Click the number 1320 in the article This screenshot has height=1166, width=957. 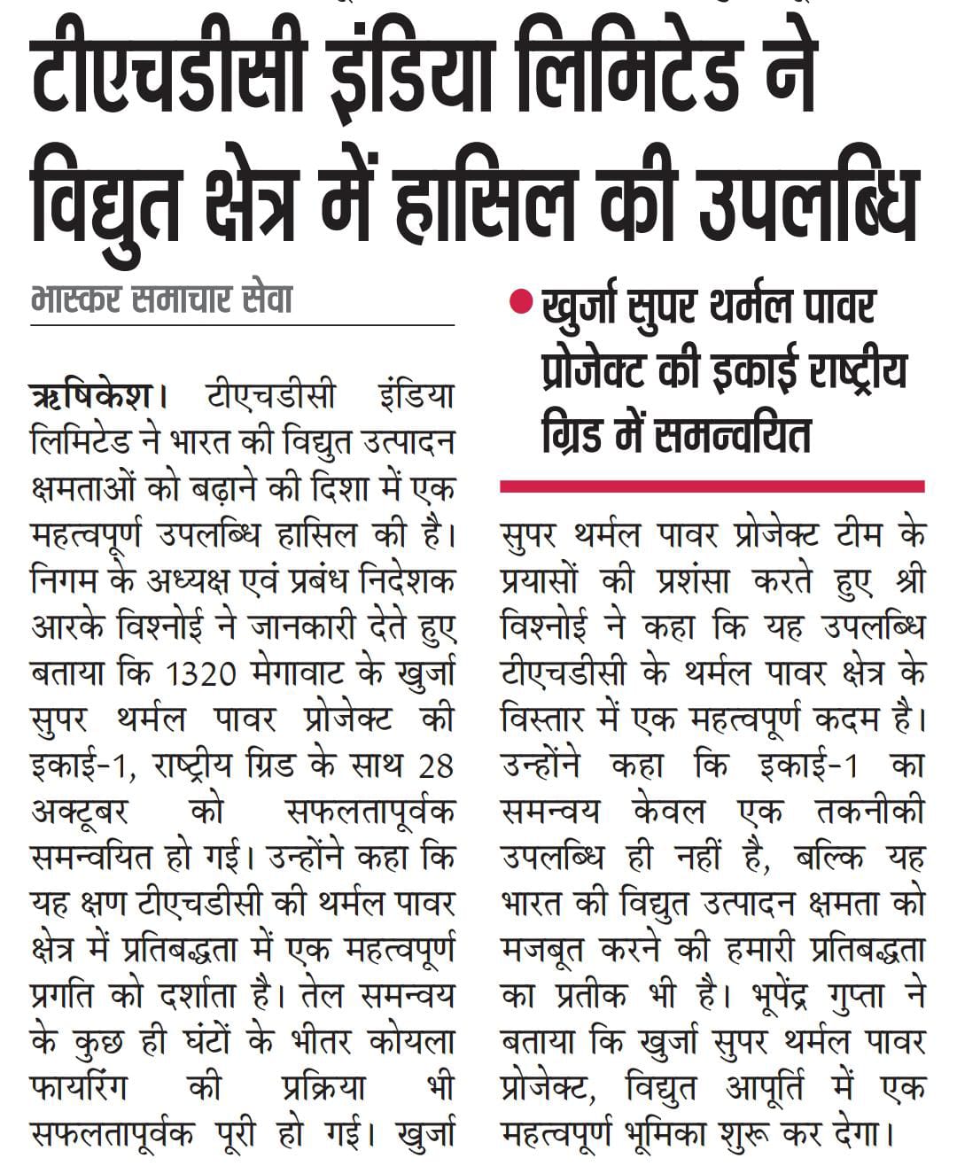tap(202, 673)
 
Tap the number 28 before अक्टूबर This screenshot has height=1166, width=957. tap(435, 765)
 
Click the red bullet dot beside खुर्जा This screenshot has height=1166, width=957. tap(520, 305)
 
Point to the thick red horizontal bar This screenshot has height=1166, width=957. tap(712, 486)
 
